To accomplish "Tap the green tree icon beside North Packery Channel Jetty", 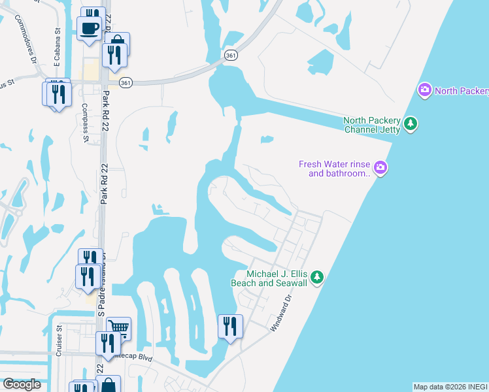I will (411, 123).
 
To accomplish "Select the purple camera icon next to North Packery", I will (425, 90).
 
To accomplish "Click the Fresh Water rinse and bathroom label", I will (335, 169).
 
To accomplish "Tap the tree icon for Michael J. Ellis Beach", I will (317, 278).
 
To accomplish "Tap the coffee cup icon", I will (90, 29).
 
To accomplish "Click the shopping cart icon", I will (119, 327).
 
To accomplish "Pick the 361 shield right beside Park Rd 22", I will (126, 82).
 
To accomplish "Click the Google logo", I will (22, 384).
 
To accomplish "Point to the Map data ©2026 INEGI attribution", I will (450, 387).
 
